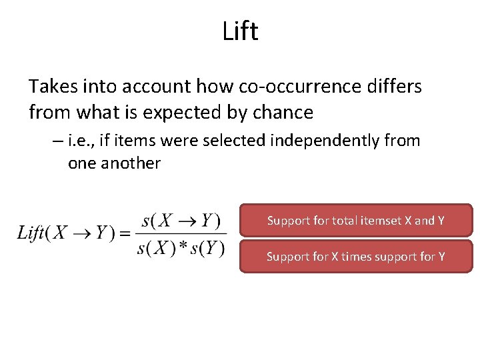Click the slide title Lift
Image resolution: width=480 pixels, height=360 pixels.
point(241,32)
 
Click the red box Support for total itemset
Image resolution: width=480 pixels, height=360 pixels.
point(355,220)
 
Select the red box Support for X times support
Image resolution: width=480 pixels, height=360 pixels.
point(355,256)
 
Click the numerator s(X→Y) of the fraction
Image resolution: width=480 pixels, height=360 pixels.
point(181,219)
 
